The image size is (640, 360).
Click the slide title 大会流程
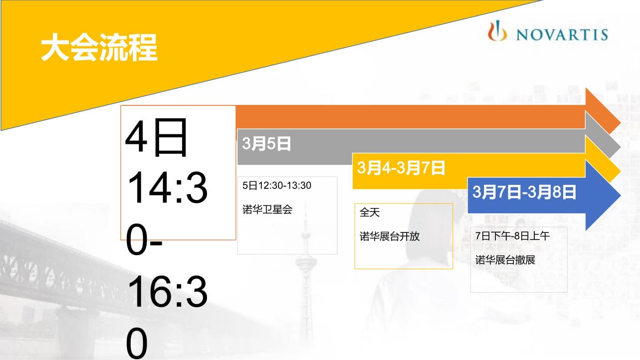pos(99,48)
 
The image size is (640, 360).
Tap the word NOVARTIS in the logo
pos(562,35)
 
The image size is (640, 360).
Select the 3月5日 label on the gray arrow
pos(266,144)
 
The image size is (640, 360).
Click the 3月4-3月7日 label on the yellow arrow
pos(401,168)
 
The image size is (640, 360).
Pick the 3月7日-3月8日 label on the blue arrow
pos(524,192)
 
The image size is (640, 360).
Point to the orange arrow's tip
pos(620,123)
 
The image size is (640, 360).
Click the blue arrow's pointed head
pos(620,196)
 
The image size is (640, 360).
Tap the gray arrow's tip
pos(620,148)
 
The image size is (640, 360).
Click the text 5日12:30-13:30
pos(276,185)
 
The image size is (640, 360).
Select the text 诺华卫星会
pos(267,209)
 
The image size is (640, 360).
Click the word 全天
pos(369,212)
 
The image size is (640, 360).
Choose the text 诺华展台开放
pos(389,236)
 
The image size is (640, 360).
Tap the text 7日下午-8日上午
pos(512,236)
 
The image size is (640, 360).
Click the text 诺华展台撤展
pos(505,260)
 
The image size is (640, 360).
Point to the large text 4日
pos(156,137)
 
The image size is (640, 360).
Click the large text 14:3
pos(167,188)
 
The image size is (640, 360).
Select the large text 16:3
pos(167,292)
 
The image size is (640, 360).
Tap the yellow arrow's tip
pos(620,172)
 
